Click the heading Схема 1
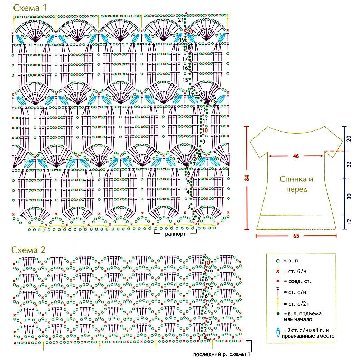[x=30, y=8]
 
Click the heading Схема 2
[x=28, y=250]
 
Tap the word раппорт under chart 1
[x=175, y=234]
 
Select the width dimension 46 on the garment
[x=296, y=156]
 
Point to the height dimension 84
[x=247, y=178]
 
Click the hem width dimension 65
[x=296, y=236]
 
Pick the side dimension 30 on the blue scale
[x=349, y=196]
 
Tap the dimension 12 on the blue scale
[x=349, y=222]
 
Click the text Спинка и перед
[x=297, y=184]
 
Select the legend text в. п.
[x=291, y=261]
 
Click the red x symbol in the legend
[x=278, y=271]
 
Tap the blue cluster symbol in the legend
[x=278, y=333]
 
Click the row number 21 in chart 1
[x=181, y=20]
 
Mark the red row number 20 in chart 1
[x=191, y=32]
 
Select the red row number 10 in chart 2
[x=207, y=263]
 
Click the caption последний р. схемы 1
[x=221, y=354]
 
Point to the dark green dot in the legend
[x=278, y=314]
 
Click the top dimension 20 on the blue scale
[x=349, y=138]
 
